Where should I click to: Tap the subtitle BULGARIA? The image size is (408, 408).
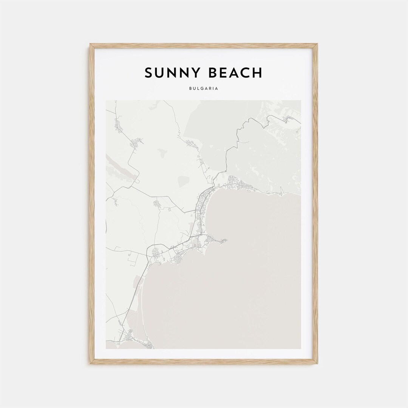click(204, 89)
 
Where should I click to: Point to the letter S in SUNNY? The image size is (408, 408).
click(148, 73)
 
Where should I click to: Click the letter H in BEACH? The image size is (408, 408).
click(257, 73)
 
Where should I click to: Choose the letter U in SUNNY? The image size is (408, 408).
click(160, 73)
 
